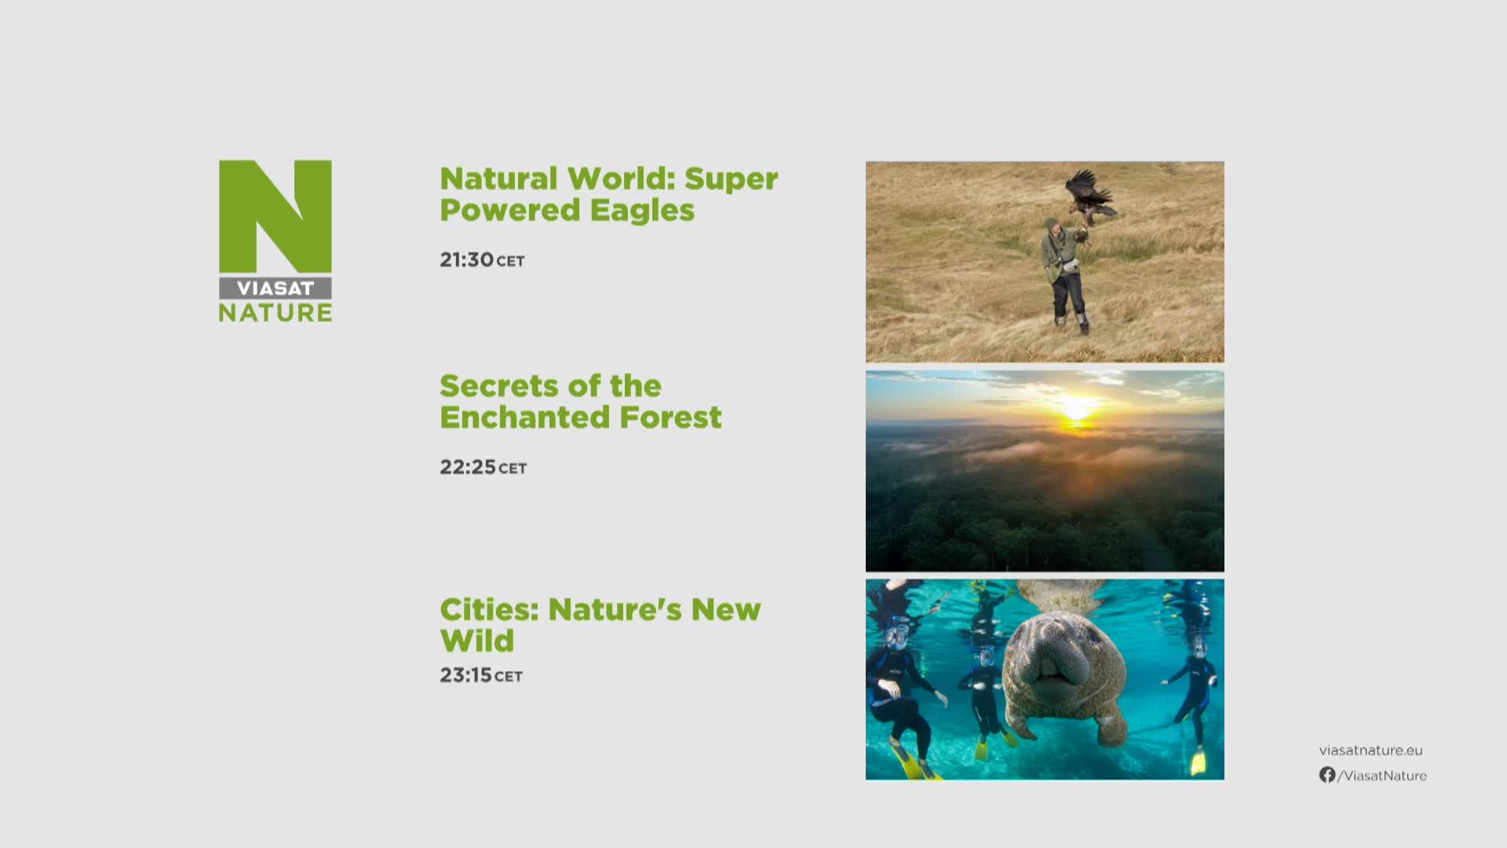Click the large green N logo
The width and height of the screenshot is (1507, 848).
click(275, 216)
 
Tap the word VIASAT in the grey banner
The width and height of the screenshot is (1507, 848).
click(275, 288)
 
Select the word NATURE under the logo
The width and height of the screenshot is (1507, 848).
click(275, 313)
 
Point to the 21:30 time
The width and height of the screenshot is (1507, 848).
click(467, 260)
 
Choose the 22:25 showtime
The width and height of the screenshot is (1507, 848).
click(468, 467)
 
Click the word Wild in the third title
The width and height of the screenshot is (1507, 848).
click(477, 641)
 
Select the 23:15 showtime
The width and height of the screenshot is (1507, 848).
click(466, 675)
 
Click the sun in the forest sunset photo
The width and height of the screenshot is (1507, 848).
click(1076, 410)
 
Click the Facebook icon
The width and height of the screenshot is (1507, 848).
click(1327, 775)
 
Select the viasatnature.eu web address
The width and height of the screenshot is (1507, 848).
click(1370, 751)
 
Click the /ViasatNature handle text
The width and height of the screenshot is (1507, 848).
click(1382, 776)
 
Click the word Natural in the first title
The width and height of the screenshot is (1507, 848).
click(498, 179)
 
